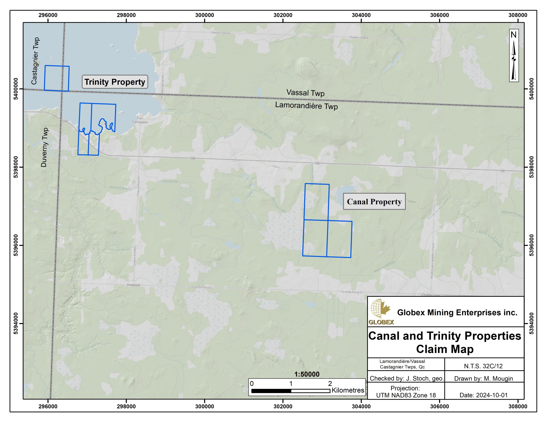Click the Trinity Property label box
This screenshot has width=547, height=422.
[115, 82]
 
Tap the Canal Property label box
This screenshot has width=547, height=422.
[374, 201]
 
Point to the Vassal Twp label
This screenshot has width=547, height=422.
[305, 93]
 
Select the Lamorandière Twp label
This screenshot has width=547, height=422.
[306, 106]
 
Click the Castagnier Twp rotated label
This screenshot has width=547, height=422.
[35, 61]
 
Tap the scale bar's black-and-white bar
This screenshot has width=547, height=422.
[291, 391]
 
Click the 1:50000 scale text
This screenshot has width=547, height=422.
[307, 374]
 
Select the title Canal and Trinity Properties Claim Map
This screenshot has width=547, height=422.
[445, 342]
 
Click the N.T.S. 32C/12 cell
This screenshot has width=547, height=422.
[483, 366]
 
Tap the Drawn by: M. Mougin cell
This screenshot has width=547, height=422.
[483, 378]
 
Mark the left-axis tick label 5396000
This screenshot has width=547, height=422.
[16, 245]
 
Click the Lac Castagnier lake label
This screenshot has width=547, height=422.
[140, 120]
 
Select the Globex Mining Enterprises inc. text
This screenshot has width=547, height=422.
[457, 312]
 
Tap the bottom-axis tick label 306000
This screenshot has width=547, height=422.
[439, 406]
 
